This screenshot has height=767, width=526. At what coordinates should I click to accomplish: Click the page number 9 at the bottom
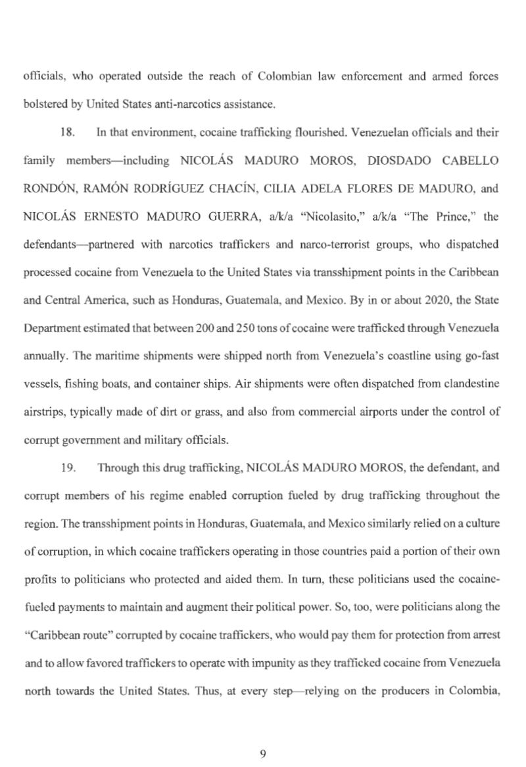coord(263,753)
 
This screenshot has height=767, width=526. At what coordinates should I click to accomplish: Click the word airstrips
coord(41,412)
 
